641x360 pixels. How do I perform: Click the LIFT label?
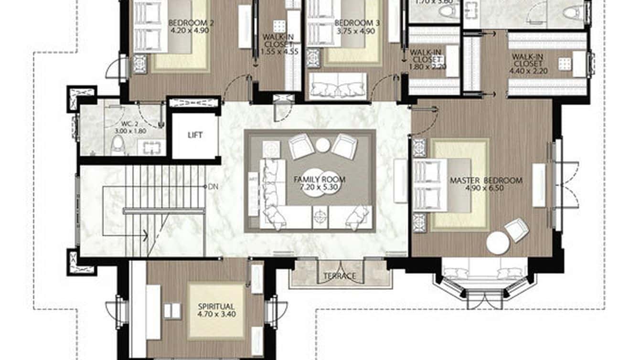pyautogui.click(x=195, y=135)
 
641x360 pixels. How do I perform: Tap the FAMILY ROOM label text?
pyautogui.click(x=319, y=180)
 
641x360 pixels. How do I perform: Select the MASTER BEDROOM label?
pyautogui.click(x=486, y=180)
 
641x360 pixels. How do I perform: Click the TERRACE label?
pyautogui.click(x=340, y=276)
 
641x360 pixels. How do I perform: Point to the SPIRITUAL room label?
pyautogui.click(x=216, y=307)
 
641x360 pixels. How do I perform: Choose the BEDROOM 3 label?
pyautogui.click(x=354, y=23)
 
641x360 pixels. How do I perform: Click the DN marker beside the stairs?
pyautogui.click(x=213, y=186)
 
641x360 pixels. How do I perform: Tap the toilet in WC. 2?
pyautogui.click(x=118, y=144)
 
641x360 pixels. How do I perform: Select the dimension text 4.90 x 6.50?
pyautogui.click(x=486, y=188)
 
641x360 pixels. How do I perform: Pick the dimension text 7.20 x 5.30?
pyautogui.click(x=319, y=188)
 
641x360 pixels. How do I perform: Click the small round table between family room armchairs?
pyautogui.click(x=323, y=145)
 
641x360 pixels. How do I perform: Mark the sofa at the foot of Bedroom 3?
pyautogui.click(x=338, y=87)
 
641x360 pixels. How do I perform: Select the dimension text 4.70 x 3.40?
pyautogui.click(x=216, y=314)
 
